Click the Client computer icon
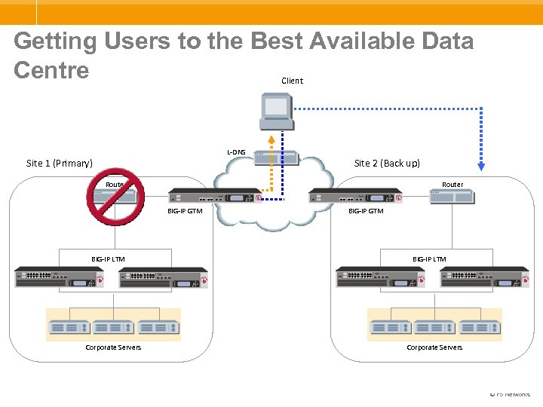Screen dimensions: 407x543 click(275, 112)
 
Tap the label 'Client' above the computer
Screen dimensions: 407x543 click(292, 81)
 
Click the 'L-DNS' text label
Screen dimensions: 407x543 click(236, 152)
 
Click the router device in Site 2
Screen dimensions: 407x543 click(452, 197)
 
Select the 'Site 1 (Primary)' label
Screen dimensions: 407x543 click(60, 163)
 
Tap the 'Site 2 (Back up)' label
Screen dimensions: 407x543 click(387, 163)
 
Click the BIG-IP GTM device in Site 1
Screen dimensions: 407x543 click(214, 196)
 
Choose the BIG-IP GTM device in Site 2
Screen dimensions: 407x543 click(355, 196)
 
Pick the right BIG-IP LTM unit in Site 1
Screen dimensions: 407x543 click(163, 277)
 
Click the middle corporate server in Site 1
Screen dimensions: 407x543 click(114, 328)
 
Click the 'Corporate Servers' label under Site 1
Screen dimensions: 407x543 click(113, 347)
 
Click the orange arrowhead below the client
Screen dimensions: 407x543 click(270, 141)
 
